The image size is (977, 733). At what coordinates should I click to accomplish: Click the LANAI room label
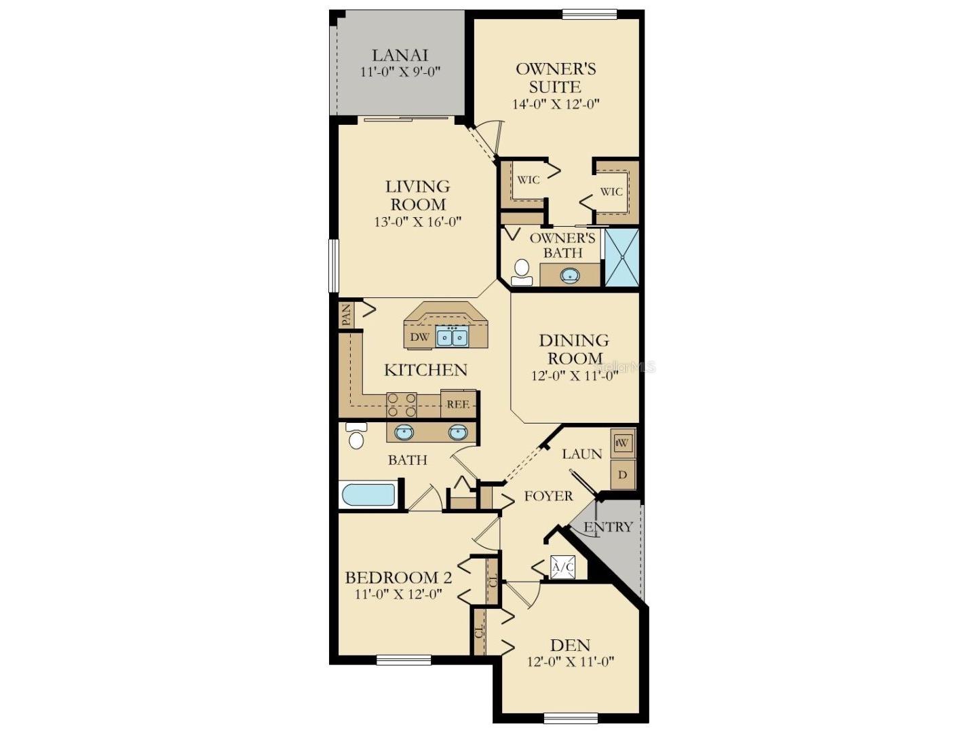[400, 55]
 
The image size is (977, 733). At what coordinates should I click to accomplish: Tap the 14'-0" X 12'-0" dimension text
[556, 104]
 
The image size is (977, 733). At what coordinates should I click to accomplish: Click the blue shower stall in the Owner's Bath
[621, 258]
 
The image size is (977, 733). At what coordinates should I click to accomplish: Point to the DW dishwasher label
[419, 337]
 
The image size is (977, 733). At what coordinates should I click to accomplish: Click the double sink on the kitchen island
[451, 336]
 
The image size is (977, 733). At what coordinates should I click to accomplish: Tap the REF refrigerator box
[458, 404]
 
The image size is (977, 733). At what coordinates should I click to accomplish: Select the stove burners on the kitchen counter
[402, 405]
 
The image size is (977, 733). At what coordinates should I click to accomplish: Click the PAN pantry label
[346, 315]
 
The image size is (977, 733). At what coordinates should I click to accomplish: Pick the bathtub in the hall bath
[368, 494]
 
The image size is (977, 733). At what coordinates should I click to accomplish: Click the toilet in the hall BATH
[356, 436]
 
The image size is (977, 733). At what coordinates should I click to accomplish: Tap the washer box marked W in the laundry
[623, 443]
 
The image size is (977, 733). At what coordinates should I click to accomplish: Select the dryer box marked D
[623, 475]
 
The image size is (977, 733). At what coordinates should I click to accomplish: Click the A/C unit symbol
[562, 567]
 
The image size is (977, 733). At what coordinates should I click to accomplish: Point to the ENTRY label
[609, 527]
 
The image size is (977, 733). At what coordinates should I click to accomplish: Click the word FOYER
[548, 496]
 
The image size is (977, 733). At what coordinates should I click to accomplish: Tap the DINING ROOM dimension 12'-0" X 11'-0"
[574, 376]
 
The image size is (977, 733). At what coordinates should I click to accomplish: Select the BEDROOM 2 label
[398, 578]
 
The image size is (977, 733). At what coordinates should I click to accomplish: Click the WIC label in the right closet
[611, 192]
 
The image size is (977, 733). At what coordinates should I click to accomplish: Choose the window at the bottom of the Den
[571, 717]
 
